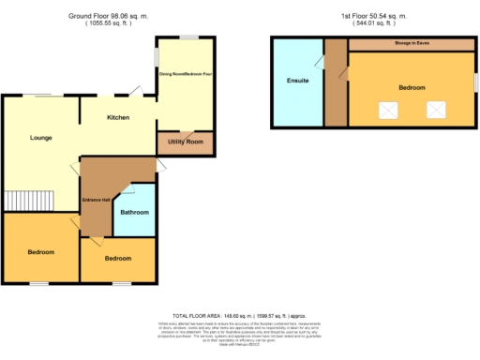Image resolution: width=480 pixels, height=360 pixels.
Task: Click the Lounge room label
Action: pos(39,138)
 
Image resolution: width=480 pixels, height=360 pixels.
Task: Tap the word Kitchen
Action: pos(118,117)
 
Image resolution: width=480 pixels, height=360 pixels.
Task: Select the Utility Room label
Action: pos(185,142)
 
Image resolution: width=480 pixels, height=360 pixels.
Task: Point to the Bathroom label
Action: pos(134,212)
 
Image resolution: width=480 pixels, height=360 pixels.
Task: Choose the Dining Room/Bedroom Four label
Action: pos(185,73)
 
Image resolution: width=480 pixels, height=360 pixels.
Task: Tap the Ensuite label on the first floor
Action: pos(297,81)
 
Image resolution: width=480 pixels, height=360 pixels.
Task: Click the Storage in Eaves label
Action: pos(410,44)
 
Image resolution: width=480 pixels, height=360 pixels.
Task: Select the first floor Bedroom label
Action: pos(411,87)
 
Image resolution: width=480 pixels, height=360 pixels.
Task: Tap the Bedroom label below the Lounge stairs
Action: pos(39,252)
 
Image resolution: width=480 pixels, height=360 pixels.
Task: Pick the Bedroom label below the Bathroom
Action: pos(117,257)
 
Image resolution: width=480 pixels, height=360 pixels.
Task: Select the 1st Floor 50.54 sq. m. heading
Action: pos(372,16)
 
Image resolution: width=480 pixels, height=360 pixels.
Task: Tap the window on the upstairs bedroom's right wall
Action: pos(475,82)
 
